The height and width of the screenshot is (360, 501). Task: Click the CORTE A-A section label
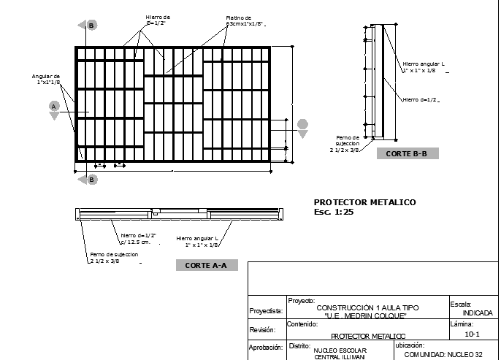[207, 265]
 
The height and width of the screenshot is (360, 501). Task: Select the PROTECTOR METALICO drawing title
[364, 202]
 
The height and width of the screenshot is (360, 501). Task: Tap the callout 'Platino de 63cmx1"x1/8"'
[239, 20]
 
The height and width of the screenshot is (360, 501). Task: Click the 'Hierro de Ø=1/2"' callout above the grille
[157, 20]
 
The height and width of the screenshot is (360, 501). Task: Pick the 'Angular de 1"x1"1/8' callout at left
[45, 79]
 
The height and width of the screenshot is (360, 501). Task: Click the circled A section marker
[53, 107]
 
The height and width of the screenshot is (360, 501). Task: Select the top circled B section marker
[91, 26]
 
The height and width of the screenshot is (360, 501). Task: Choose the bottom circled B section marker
[91, 179]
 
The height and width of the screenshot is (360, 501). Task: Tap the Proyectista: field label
[266, 310]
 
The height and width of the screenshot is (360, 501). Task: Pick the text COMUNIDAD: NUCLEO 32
[443, 353]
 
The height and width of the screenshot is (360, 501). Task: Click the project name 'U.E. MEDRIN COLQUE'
[366, 315]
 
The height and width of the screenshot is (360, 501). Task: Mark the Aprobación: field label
[266, 348]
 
